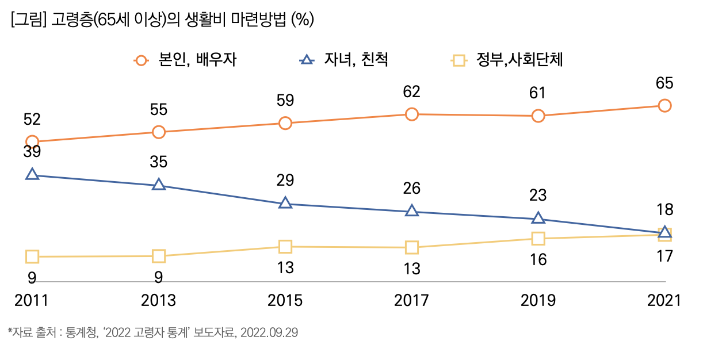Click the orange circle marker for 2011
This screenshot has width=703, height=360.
[32, 141]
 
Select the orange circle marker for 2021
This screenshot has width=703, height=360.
[664, 105]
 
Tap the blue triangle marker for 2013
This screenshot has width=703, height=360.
[159, 185]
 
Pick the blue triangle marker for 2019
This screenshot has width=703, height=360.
[538, 218]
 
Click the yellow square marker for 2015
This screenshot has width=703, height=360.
[285, 247]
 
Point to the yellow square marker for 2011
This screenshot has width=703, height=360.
[32, 256]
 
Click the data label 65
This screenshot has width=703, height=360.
[664, 83]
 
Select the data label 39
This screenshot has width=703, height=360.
[32, 152]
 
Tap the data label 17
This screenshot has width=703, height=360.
[664, 256]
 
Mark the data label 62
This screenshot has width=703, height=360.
[411, 91]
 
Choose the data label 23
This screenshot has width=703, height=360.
[538, 195]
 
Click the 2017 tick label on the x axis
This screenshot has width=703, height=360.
[411, 301]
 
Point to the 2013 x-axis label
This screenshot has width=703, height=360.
[159, 301]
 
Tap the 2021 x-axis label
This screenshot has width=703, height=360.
[664, 301]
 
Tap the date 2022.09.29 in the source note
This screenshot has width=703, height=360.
[269, 333]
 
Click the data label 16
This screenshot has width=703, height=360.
[538, 259]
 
